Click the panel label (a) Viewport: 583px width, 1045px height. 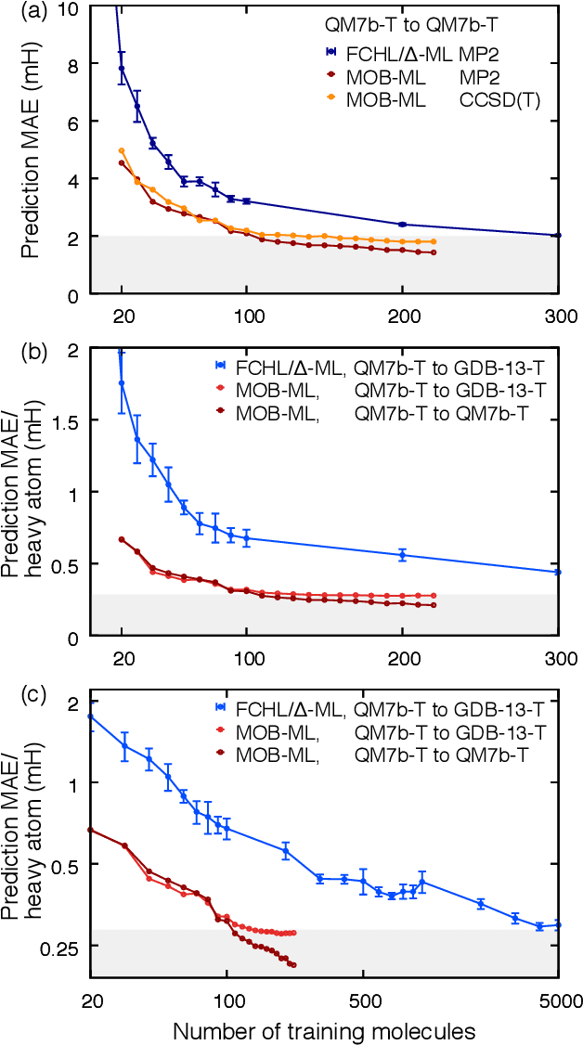(17, 11)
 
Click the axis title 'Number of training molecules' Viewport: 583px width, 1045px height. (324, 1030)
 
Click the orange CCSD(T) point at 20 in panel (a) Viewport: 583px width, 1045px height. (122, 150)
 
